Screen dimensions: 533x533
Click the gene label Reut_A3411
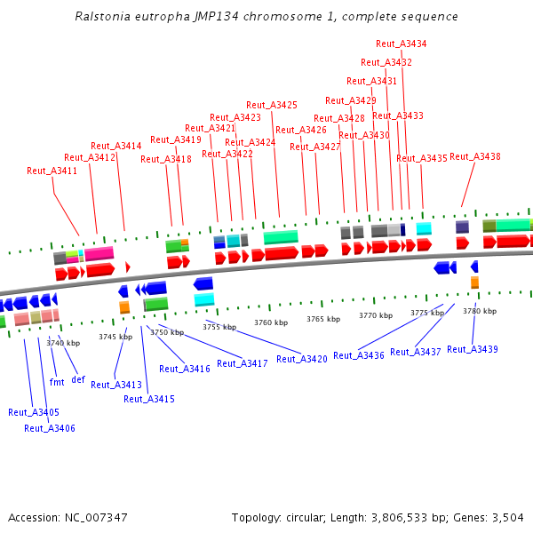coord(52,171)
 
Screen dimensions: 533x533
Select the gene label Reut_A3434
coord(401,44)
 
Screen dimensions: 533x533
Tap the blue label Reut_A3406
coord(50,428)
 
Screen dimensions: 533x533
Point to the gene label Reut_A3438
coord(475,156)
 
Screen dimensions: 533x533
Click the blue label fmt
coord(57,382)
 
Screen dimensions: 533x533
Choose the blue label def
coord(78,380)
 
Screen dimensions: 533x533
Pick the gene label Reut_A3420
coord(302,359)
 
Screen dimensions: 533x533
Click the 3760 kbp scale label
coord(271,322)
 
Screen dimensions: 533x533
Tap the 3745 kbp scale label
coord(115,337)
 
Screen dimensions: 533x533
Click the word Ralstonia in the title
coord(101,17)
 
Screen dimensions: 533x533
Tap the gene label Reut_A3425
coord(272,105)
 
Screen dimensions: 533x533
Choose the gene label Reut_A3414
coord(116,146)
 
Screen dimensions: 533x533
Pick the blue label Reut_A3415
coord(149,399)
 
